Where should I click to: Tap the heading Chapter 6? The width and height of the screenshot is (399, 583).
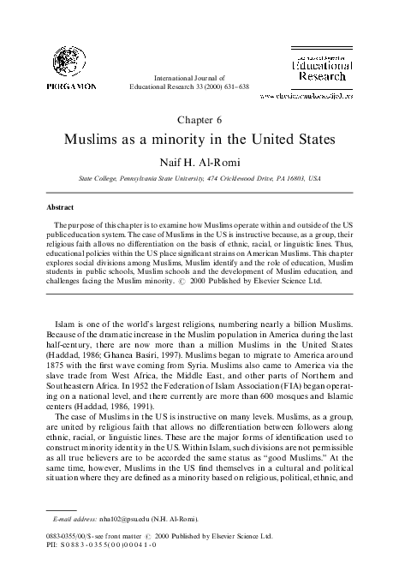click(199, 119)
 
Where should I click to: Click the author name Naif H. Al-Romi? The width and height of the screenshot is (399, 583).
click(199, 160)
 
